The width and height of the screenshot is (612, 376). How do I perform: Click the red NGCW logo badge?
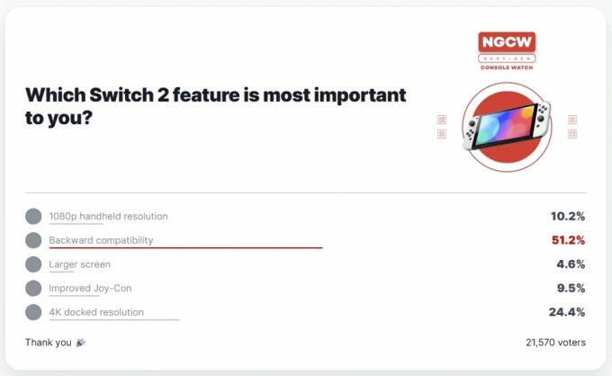point(507,42)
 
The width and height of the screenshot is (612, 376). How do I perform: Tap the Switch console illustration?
point(507,126)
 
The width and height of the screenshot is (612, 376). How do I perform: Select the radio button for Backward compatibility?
point(33,240)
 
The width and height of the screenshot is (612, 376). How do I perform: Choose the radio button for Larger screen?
point(33,264)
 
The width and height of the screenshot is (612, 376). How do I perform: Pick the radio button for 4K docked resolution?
point(33,312)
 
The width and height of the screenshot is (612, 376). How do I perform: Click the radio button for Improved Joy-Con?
point(33,288)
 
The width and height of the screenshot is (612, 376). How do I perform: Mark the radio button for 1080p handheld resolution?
point(33,216)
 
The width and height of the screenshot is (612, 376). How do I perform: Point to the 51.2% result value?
point(568,240)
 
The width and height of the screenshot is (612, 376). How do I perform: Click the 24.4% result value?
point(567,312)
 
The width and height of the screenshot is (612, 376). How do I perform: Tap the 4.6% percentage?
point(571,264)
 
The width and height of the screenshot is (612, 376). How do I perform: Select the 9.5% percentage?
point(571,288)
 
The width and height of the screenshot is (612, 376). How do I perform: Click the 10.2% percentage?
point(568,216)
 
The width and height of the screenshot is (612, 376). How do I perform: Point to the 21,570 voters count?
point(556,343)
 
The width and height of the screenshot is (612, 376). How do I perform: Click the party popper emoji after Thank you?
point(81,343)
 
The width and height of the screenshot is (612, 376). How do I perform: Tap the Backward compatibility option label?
point(101,240)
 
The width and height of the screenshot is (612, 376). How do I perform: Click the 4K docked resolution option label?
point(96,312)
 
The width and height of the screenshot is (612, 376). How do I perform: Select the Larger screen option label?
point(79,264)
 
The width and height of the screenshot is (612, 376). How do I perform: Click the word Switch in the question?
point(121,95)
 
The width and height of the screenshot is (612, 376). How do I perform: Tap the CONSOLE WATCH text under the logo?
point(507,67)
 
